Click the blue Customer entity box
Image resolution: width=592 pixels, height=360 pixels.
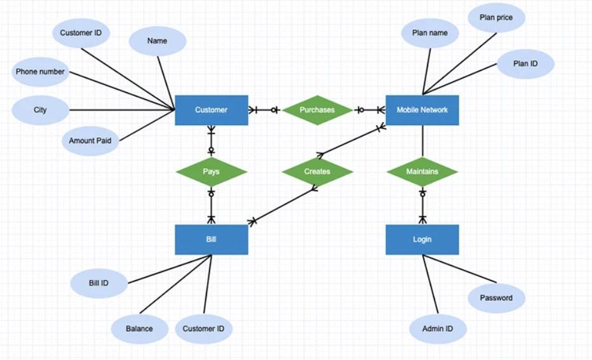click(211, 110)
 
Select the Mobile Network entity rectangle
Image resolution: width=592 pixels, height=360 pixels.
click(422, 110)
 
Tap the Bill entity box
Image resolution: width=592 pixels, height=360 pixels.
click(211, 239)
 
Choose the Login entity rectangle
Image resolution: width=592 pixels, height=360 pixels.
click(422, 239)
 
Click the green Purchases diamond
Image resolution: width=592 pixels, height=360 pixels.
click(317, 110)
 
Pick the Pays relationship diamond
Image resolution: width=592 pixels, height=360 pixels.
click(211, 172)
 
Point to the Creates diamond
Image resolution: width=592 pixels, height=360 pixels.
click(317, 172)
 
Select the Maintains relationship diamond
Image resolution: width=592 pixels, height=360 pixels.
click(422, 172)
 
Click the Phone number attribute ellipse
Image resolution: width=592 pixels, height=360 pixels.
click(40, 72)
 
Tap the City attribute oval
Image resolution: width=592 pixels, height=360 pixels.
click(40, 110)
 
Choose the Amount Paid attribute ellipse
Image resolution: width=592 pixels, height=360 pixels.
click(90, 141)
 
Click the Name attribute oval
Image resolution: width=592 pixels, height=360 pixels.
click(157, 41)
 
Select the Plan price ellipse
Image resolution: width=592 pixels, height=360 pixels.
click(495, 18)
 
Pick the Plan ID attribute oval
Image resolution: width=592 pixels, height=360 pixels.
click(525, 64)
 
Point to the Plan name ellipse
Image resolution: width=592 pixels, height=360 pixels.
click(429, 33)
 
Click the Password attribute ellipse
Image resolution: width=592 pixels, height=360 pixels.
click(496, 298)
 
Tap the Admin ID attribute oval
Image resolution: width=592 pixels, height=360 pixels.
click(438, 329)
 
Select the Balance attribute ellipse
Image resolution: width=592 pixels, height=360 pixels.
click(139, 329)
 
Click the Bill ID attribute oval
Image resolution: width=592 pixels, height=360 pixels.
click(98, 283)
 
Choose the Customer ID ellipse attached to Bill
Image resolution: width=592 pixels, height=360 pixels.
click(203, 329)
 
